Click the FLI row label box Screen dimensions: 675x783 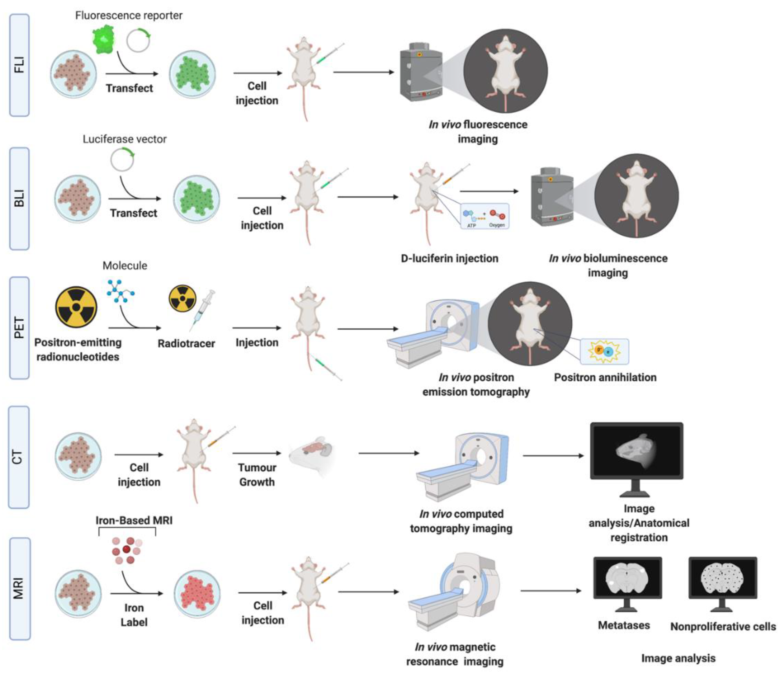coord(19,65)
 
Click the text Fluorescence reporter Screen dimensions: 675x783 coord(129,15)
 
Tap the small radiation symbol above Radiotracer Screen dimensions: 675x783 coord(182,298)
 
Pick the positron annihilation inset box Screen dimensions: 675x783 coord(604,352)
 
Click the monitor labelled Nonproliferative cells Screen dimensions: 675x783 coord(723,582)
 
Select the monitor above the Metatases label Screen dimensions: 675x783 coord(627,582)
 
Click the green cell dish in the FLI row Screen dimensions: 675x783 coord(192,74)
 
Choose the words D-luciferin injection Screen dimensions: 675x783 coord(449,258)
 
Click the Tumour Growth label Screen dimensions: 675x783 coord(257,475)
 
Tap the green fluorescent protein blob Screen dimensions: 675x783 coord(103,39)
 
